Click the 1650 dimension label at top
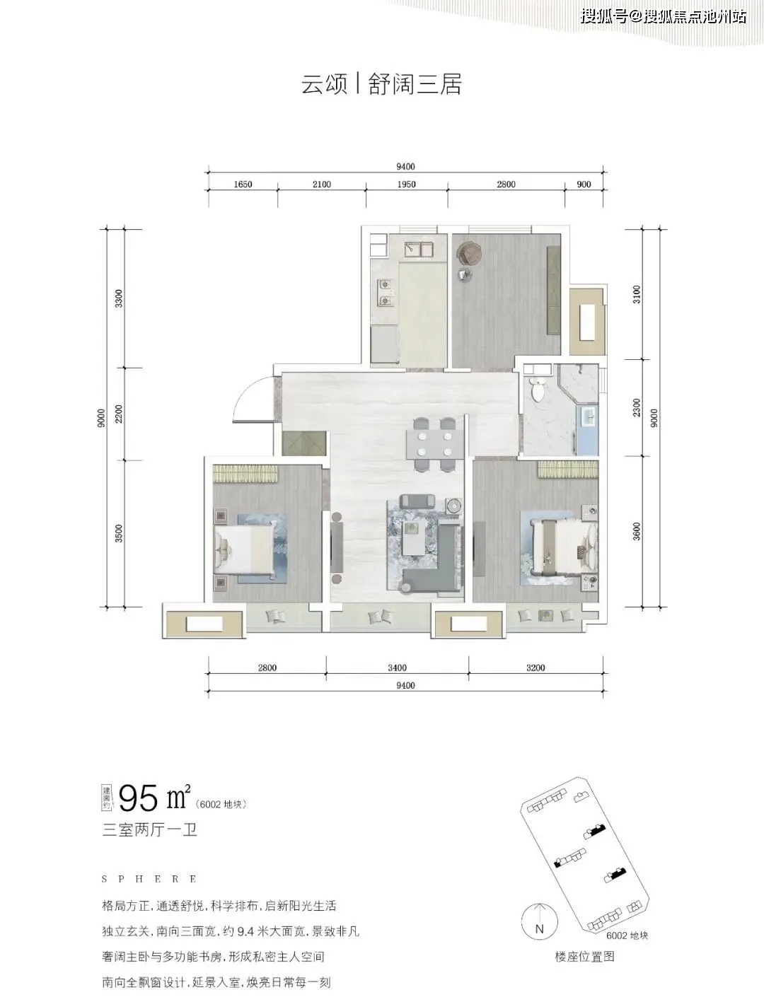point(243,185)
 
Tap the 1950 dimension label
point(406,185)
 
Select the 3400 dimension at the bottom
point(397,668)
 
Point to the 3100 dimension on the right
point(637,294)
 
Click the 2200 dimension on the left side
point(119,414)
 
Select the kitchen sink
point(418,250)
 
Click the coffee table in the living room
point(415,536)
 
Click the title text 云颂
point(324,83)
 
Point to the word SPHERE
point(149,879)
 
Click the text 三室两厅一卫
point(150,829)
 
